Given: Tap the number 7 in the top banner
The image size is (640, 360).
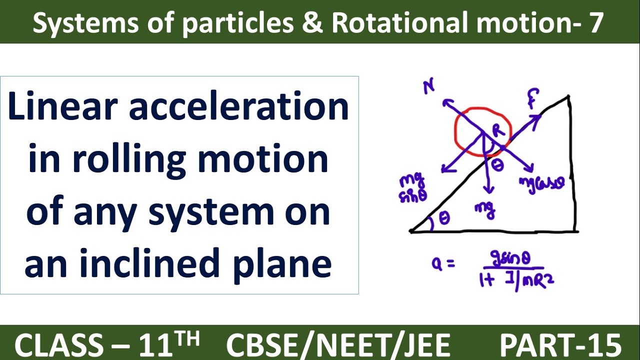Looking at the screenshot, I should coord(594,22).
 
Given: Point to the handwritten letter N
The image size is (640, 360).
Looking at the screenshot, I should coord(428,87).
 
